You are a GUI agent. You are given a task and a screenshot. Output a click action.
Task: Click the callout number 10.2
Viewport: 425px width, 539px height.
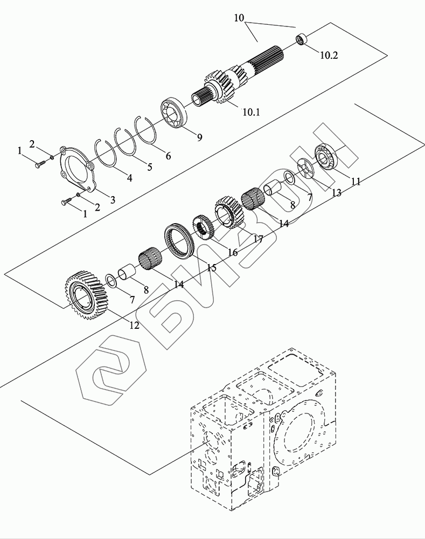(x=329, y=55)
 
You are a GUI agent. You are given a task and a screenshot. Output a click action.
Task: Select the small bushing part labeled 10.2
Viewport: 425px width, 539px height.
(x=301, y=39)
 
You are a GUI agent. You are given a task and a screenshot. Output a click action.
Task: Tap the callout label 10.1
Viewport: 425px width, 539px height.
(x=251, y=112)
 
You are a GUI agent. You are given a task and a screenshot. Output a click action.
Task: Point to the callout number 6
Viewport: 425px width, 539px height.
(x=169, y=156)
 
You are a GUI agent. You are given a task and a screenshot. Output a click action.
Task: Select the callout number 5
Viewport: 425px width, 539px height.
(x=150, y=167)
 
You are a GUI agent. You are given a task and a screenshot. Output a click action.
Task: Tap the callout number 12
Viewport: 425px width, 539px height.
(x=134, y=325)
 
